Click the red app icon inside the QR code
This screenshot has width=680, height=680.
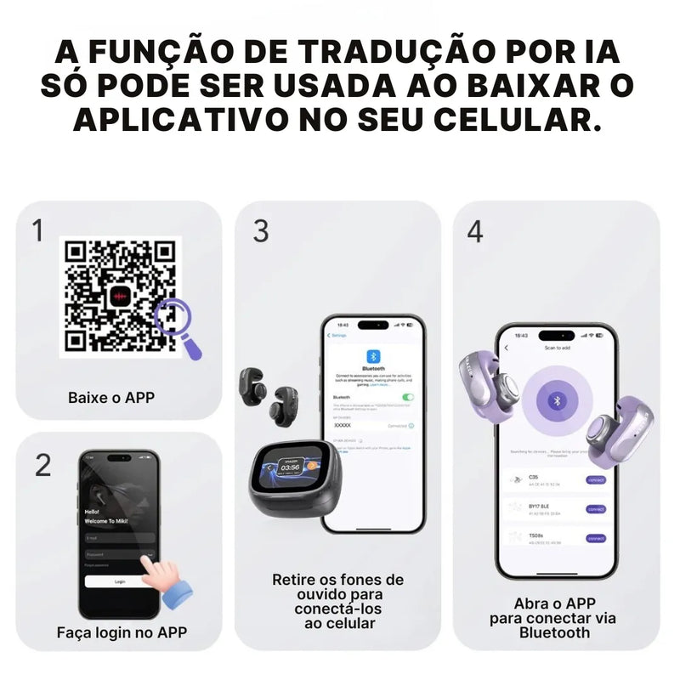click(119, 296)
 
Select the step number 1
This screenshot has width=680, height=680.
click(38, 230)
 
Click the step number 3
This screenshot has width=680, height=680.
click(261, 230)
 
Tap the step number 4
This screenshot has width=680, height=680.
click(475, 230)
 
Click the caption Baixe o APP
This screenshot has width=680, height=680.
click(110, 397)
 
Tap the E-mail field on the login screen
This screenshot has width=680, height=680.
click(119, 537)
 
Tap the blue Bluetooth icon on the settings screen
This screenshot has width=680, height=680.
click(371, 355)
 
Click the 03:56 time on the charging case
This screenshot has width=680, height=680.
click(291, 467)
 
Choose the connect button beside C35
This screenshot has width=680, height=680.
click(596, 480)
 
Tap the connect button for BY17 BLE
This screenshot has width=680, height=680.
click(596, 509)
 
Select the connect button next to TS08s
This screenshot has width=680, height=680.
click(596, 538)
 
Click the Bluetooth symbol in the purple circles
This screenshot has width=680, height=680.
click(557, 400)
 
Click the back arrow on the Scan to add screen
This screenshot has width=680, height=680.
click(507, 348)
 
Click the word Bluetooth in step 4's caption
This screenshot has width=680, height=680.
click(553, 632)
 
